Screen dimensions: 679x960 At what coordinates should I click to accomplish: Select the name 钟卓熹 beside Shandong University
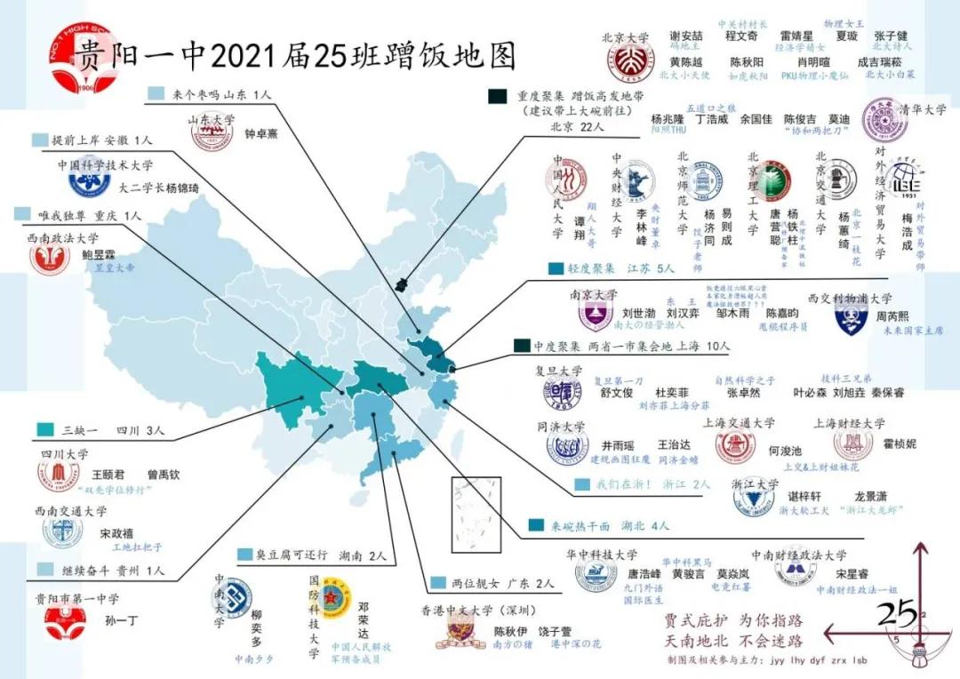point(262,136)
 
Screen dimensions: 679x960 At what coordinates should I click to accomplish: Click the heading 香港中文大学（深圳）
point(478,611)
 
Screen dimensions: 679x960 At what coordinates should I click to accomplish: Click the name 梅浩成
point(907,231)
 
